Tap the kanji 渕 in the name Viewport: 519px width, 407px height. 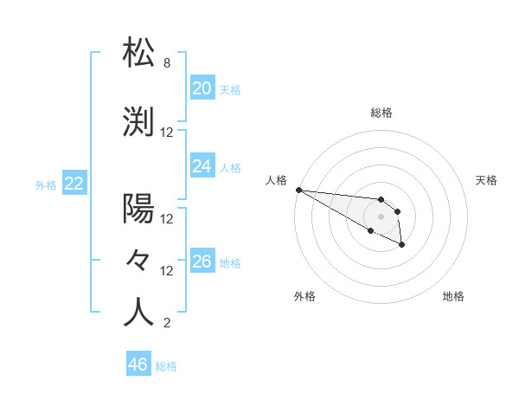click(x=138, y=122)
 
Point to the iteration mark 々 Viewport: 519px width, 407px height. click(x=138, y=260)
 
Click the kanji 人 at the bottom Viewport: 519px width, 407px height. click(x=138, y=313)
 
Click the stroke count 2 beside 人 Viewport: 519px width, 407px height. click(x=167, y=324)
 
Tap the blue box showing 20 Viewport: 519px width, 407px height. click(x=202, y=88)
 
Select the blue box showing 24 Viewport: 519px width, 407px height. click(x=202, y=166)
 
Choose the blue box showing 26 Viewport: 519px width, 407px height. click(x=202, y=262)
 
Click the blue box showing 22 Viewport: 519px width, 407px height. click(x=74, y=184)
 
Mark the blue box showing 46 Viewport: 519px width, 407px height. click(x=138, y=365)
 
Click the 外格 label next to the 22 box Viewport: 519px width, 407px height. click(x=46, y=184)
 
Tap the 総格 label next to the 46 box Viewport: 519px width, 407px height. click(x=166, y=366)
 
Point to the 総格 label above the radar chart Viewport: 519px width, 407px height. click(x=381, y=113)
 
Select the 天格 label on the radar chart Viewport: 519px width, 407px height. click(x=486, y=180)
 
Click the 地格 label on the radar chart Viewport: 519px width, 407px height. click(x=453, y=296)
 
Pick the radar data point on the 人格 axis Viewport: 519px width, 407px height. click(x=298, y=190)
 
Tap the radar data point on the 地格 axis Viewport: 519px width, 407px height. click(x=402, y=246)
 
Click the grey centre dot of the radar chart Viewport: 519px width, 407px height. click(x=381, y=216)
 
